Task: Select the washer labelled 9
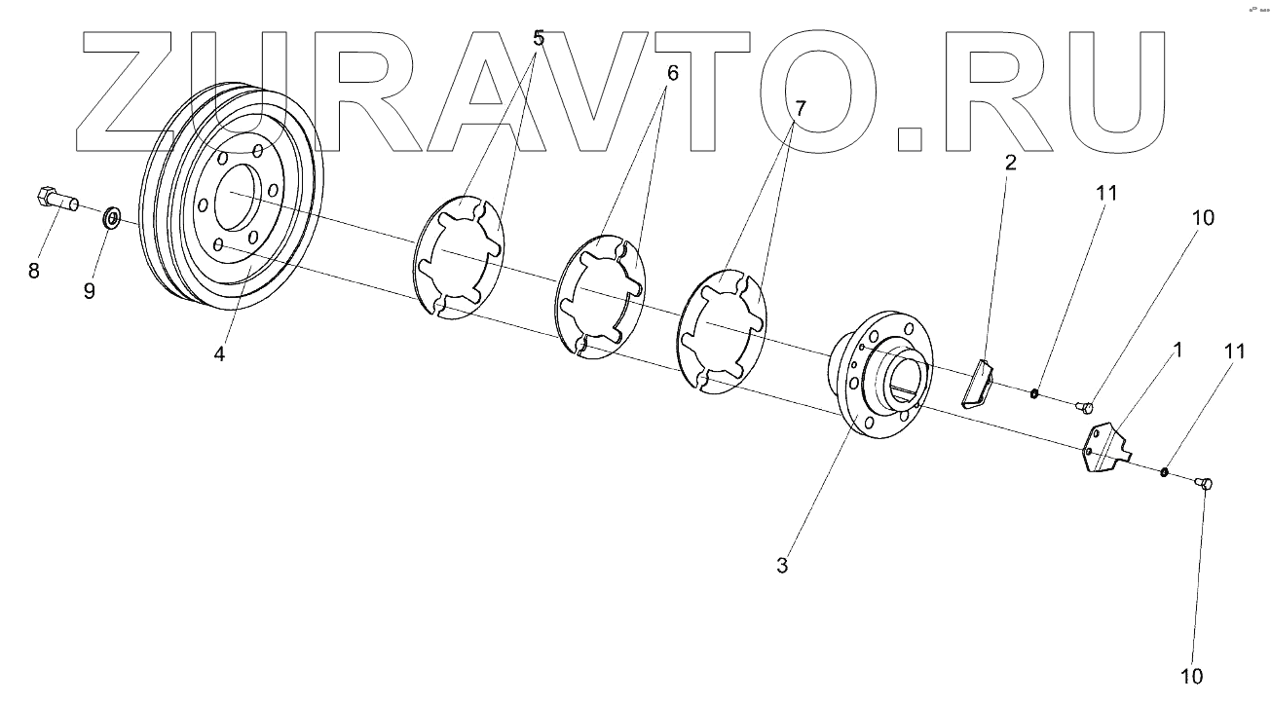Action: (112, 216)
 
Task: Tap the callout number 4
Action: (220, 355)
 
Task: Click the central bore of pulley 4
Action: (236, 194)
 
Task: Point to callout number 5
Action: (539, 39)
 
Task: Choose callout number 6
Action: (670, 73)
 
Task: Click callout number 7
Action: (800, 109)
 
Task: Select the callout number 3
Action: (782, 566)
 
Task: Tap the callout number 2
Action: (1010, 162)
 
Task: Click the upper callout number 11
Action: (1105, 194)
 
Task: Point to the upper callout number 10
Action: (1203, 218)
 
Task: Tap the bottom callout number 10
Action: (1192, 676)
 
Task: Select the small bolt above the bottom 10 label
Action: (1202, 483)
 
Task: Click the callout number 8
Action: (34, 271)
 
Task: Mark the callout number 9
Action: (89, 290)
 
